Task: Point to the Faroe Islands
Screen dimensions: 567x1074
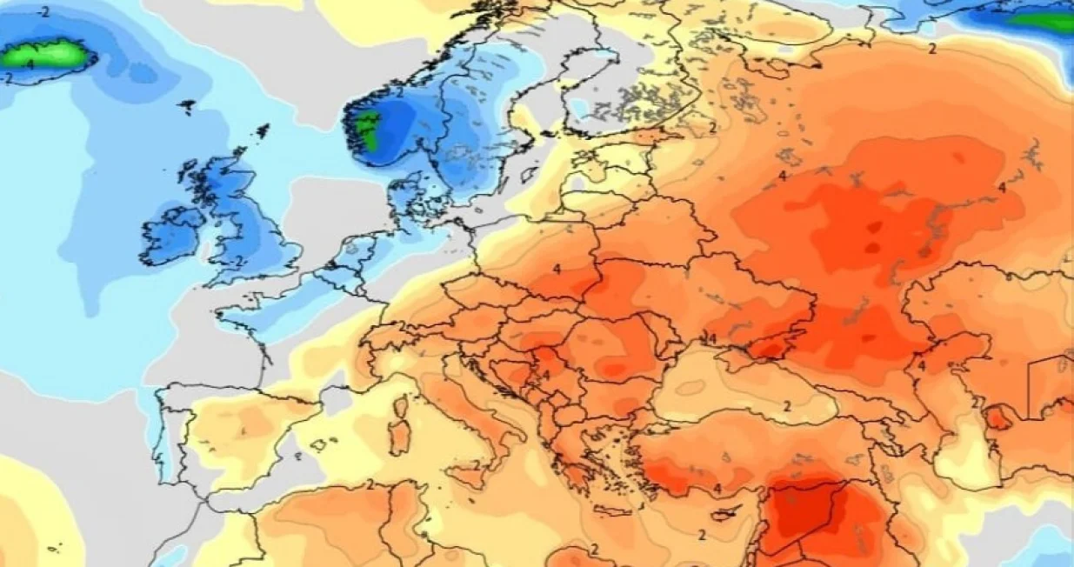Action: pyautogui.click(x=186, y=107)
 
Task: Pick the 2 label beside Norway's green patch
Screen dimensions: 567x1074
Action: pyautogui.click(x=398, y=90)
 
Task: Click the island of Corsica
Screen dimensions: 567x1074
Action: pyautogui.click(x=401, y=407)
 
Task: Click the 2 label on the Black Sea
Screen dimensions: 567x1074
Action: pyautogui.click(x=786, y=406)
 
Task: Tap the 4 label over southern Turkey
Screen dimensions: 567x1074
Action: pyautogui.click(x=717, y=490)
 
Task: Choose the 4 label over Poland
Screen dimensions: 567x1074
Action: pyautogui.click(x=556, y=269)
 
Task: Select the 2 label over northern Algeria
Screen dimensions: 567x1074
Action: pyautogui.click(x=370, y=484)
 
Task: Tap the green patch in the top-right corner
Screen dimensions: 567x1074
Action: pyautogui.click(x=1043, y=19)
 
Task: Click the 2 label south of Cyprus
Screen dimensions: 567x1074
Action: pyautogui.click(x=702, y=535)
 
